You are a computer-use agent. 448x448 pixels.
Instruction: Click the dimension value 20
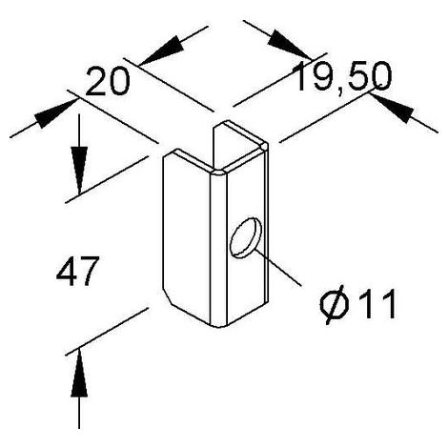(108, 81)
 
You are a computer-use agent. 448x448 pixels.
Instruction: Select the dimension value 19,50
(342, 77)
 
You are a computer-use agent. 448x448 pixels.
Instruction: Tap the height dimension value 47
(76, 272)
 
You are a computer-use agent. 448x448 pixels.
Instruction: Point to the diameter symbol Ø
(335, 304)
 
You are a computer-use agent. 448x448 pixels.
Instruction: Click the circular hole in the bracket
(246, 237)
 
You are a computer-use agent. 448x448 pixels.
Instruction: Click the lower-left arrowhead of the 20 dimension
(56, 113)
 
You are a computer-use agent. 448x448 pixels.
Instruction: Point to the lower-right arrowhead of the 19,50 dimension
(393, 108)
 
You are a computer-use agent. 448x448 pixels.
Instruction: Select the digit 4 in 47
(66, 272)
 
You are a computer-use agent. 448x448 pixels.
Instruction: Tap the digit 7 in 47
(88, 272)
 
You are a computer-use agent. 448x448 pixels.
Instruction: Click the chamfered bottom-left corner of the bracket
(167, 296)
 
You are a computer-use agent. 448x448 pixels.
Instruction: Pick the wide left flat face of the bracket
(187, 235)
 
